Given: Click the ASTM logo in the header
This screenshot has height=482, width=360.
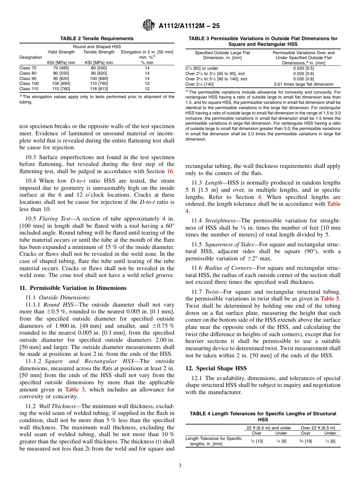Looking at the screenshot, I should (x=148, y=25).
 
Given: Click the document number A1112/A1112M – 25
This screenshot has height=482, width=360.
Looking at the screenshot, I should (x=189, y=26).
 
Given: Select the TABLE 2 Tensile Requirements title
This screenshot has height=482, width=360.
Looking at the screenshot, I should (x=97, y=39).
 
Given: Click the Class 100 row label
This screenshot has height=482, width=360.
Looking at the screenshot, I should (x=29, y=83).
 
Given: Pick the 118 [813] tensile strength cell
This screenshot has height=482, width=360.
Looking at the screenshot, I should (x=99, y=89).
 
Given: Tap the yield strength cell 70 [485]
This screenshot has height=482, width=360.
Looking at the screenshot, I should (x=61, y=68).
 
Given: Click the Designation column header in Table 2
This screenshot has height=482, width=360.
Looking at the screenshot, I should (x=31, y=57).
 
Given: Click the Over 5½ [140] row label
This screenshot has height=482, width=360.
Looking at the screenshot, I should (x=200, y=84).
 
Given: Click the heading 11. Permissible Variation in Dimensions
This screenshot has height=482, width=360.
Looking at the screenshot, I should (x=73, y=288).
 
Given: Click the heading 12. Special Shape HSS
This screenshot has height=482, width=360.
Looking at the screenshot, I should (x=216, y=368).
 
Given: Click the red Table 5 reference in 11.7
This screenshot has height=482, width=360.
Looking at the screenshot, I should (x=330, y=299).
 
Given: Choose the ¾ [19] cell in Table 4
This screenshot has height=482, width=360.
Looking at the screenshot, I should (x=305, y=441).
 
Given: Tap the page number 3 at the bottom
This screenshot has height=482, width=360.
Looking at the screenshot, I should (x=180, y=465).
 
